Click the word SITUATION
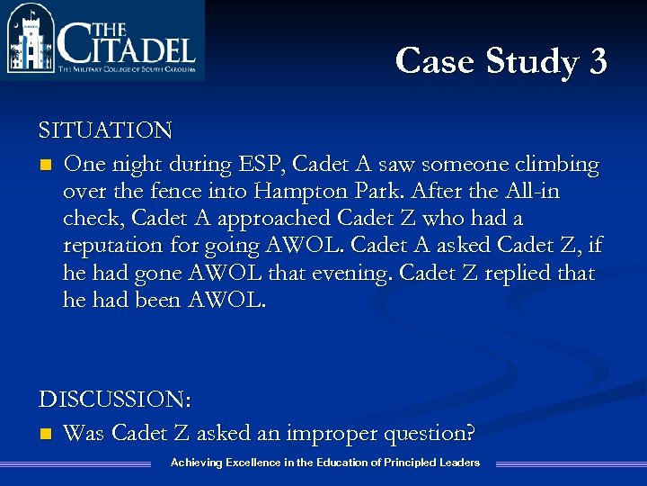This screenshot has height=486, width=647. (x=105, y=130)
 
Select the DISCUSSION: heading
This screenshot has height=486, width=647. (x=115, y=399)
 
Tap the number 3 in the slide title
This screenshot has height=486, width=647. (x=598, y=61)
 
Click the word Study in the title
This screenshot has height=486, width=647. (x=534, y=61)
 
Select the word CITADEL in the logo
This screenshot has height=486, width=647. (x=126, y=43)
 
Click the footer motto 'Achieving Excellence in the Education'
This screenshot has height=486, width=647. (x=324, y=463)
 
